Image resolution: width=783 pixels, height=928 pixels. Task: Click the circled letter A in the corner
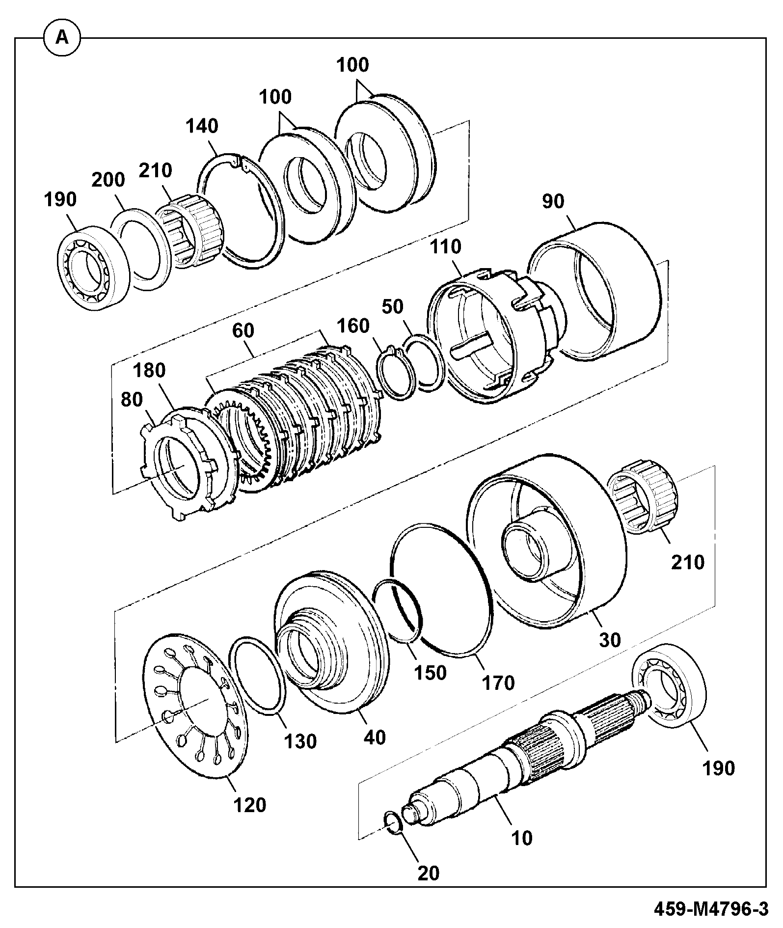[x=62, y=37]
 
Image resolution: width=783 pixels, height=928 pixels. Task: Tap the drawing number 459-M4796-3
[x=711, y=910]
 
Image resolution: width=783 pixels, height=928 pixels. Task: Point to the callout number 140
[x=202, y=126]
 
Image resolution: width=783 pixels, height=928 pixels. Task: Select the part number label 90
[x=553, y=201]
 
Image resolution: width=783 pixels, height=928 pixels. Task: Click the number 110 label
[x=446, y=246]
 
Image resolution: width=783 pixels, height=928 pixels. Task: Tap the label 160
[x=353, y=326]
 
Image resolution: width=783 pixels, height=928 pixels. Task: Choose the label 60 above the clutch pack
[x=243, y=330]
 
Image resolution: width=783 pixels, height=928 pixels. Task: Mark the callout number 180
[x=150, y=370]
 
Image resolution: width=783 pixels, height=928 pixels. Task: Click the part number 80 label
[x=131, y=399]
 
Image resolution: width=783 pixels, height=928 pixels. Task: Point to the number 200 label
[x=108, y=180]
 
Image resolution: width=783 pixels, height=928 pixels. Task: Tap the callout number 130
[x=300, y=741]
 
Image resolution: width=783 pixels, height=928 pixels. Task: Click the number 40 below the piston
[x=375, y=737]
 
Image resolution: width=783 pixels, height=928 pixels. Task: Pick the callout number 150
[x=430, y=672]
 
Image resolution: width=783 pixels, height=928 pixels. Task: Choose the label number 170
[x=499, y=682]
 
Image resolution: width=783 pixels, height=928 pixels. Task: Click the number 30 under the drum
[x=610, y=640]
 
